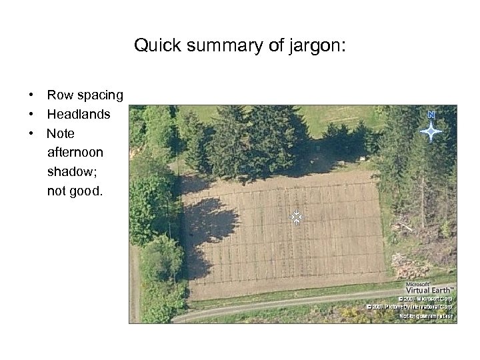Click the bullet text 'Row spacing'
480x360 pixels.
point(85,95)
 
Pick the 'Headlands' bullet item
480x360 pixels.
point(79,115)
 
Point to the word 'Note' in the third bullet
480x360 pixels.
point(61,134)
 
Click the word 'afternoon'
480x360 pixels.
point(75,153)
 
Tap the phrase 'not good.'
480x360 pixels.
point(75,191)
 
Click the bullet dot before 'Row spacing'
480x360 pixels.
point(31,95)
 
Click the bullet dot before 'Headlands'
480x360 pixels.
point(31,115)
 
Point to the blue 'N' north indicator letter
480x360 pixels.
point(431,115)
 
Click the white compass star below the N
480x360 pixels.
point(431,132)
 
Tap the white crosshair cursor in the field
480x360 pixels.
point(297,217)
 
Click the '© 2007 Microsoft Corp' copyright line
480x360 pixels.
point(427,299)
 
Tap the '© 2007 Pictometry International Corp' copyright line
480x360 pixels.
point(411,307)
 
